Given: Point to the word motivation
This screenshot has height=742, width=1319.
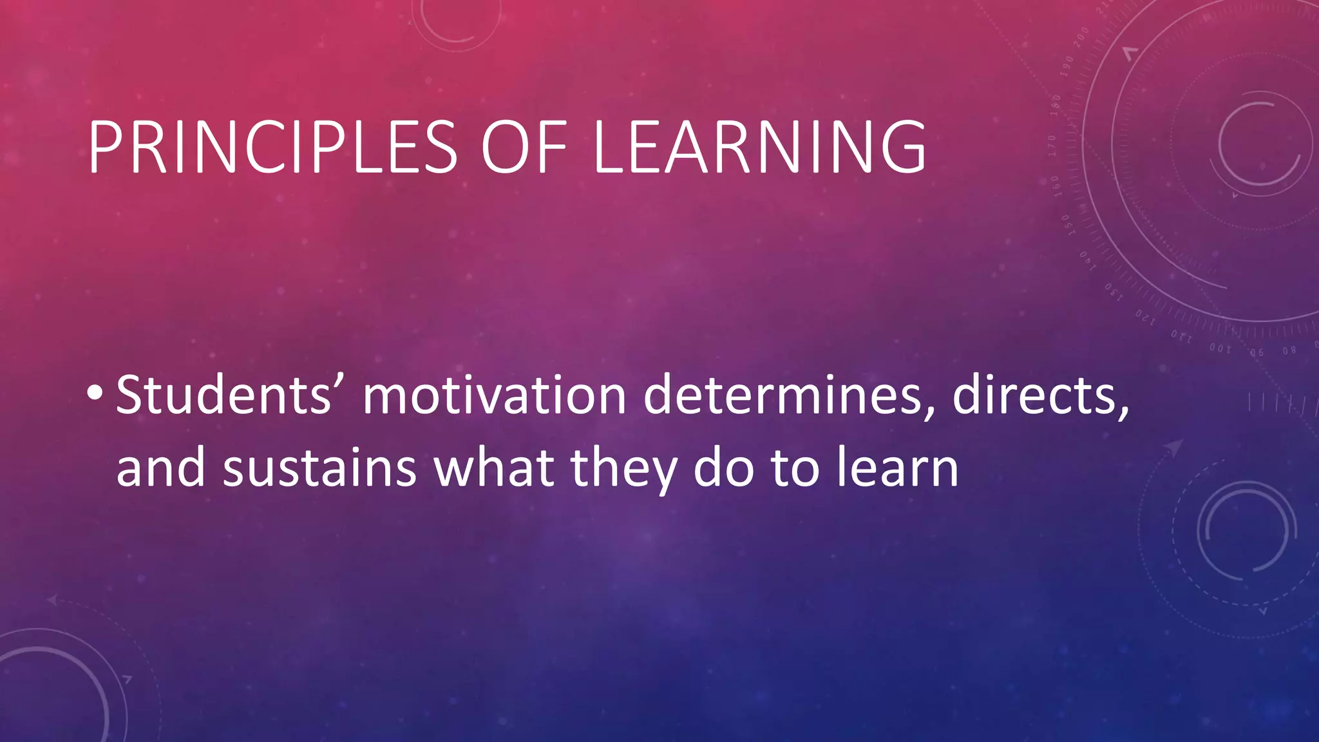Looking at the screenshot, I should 495,394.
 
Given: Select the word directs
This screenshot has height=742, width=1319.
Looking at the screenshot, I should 1040,394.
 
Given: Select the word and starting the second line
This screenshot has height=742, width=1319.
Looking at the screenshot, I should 161,468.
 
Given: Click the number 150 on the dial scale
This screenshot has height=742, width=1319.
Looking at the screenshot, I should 1066,225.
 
